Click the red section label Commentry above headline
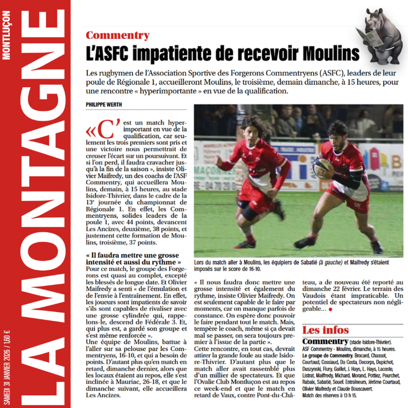118,35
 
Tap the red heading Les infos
325,330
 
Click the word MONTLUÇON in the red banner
7,36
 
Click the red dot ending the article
330,309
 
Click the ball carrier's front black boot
304,242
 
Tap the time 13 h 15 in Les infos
348,395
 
